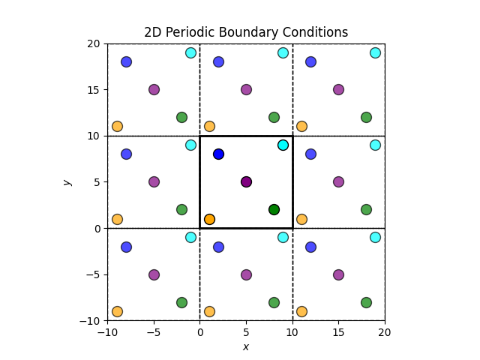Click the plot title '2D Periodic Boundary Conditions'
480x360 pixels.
point(246,32)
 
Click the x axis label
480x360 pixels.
point(246,346)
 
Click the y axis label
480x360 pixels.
point(67,182)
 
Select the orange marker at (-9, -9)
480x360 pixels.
point(117,311)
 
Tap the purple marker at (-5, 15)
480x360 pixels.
point(154,89)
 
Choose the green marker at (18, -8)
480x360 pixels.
point(366,302)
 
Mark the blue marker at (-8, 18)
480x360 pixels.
point(126,61)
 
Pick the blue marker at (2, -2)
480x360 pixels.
point(218,247)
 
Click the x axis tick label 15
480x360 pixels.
point(338,332)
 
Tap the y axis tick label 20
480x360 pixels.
point(94,43)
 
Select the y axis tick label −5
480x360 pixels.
point(91,274)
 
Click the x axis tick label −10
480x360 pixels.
point(107,332)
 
